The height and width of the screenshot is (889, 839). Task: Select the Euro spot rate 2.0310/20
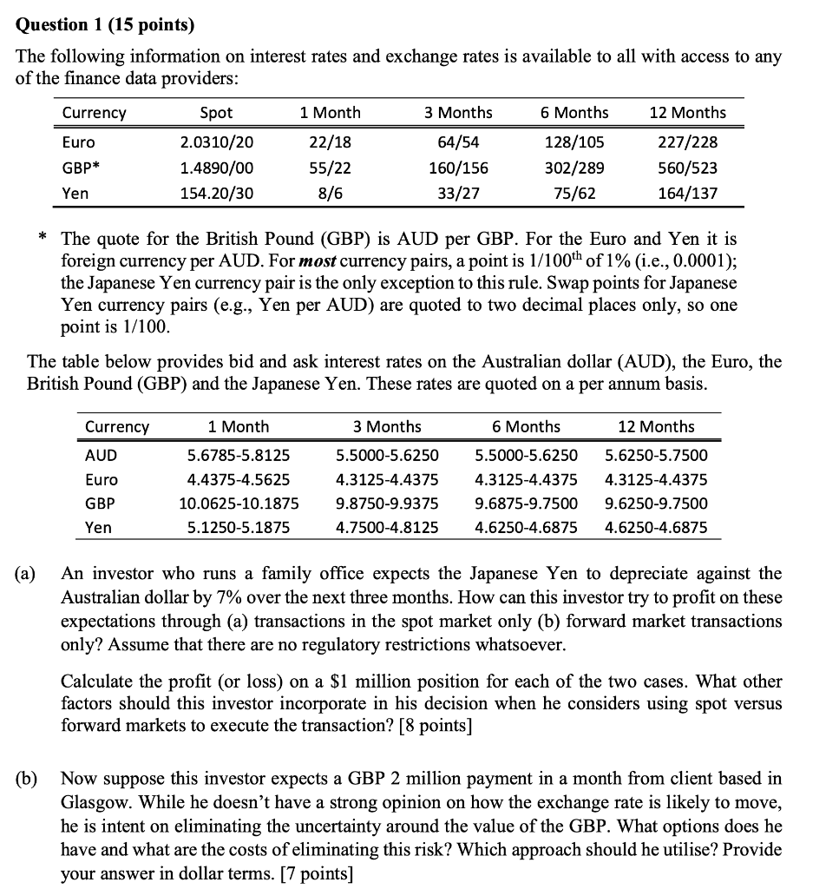click(x=216, y=142)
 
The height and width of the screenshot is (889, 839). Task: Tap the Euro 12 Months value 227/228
click(x=687, y=142)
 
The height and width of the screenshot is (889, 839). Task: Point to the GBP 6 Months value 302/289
click(x=574, y=168)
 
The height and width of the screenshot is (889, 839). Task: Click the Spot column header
click(x=216, y=113)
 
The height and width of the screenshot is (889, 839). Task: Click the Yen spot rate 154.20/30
click(x=216, y=193)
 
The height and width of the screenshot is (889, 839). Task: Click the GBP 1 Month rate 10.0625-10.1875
click(x=239, y=504)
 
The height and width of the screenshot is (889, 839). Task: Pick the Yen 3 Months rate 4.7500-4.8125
click(x=387, y=527)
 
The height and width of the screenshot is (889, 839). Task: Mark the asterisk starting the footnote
click(x=43, y=237)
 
